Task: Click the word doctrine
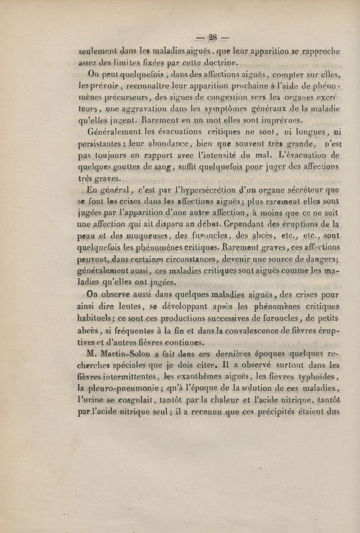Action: pyautogui.click(x=216, y=63)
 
